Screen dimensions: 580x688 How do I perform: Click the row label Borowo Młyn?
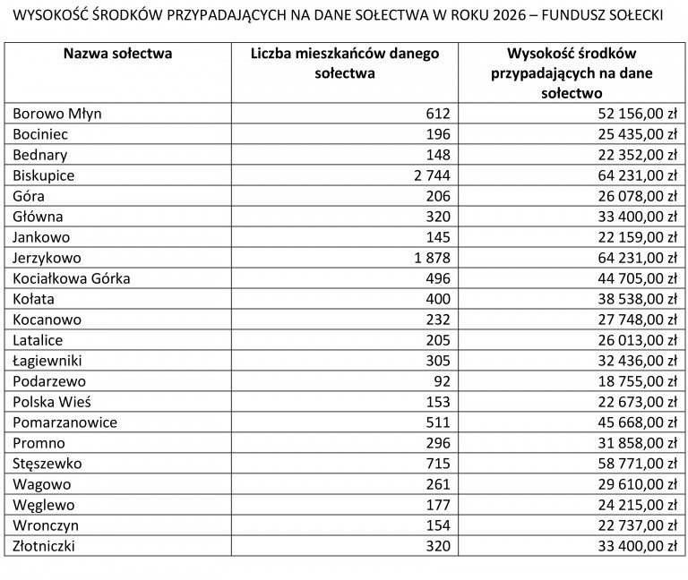(x=57, y=114)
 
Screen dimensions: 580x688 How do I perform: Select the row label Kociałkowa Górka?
(x=72, y=278)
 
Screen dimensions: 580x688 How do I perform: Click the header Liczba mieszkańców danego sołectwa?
(x=345, y=63)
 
